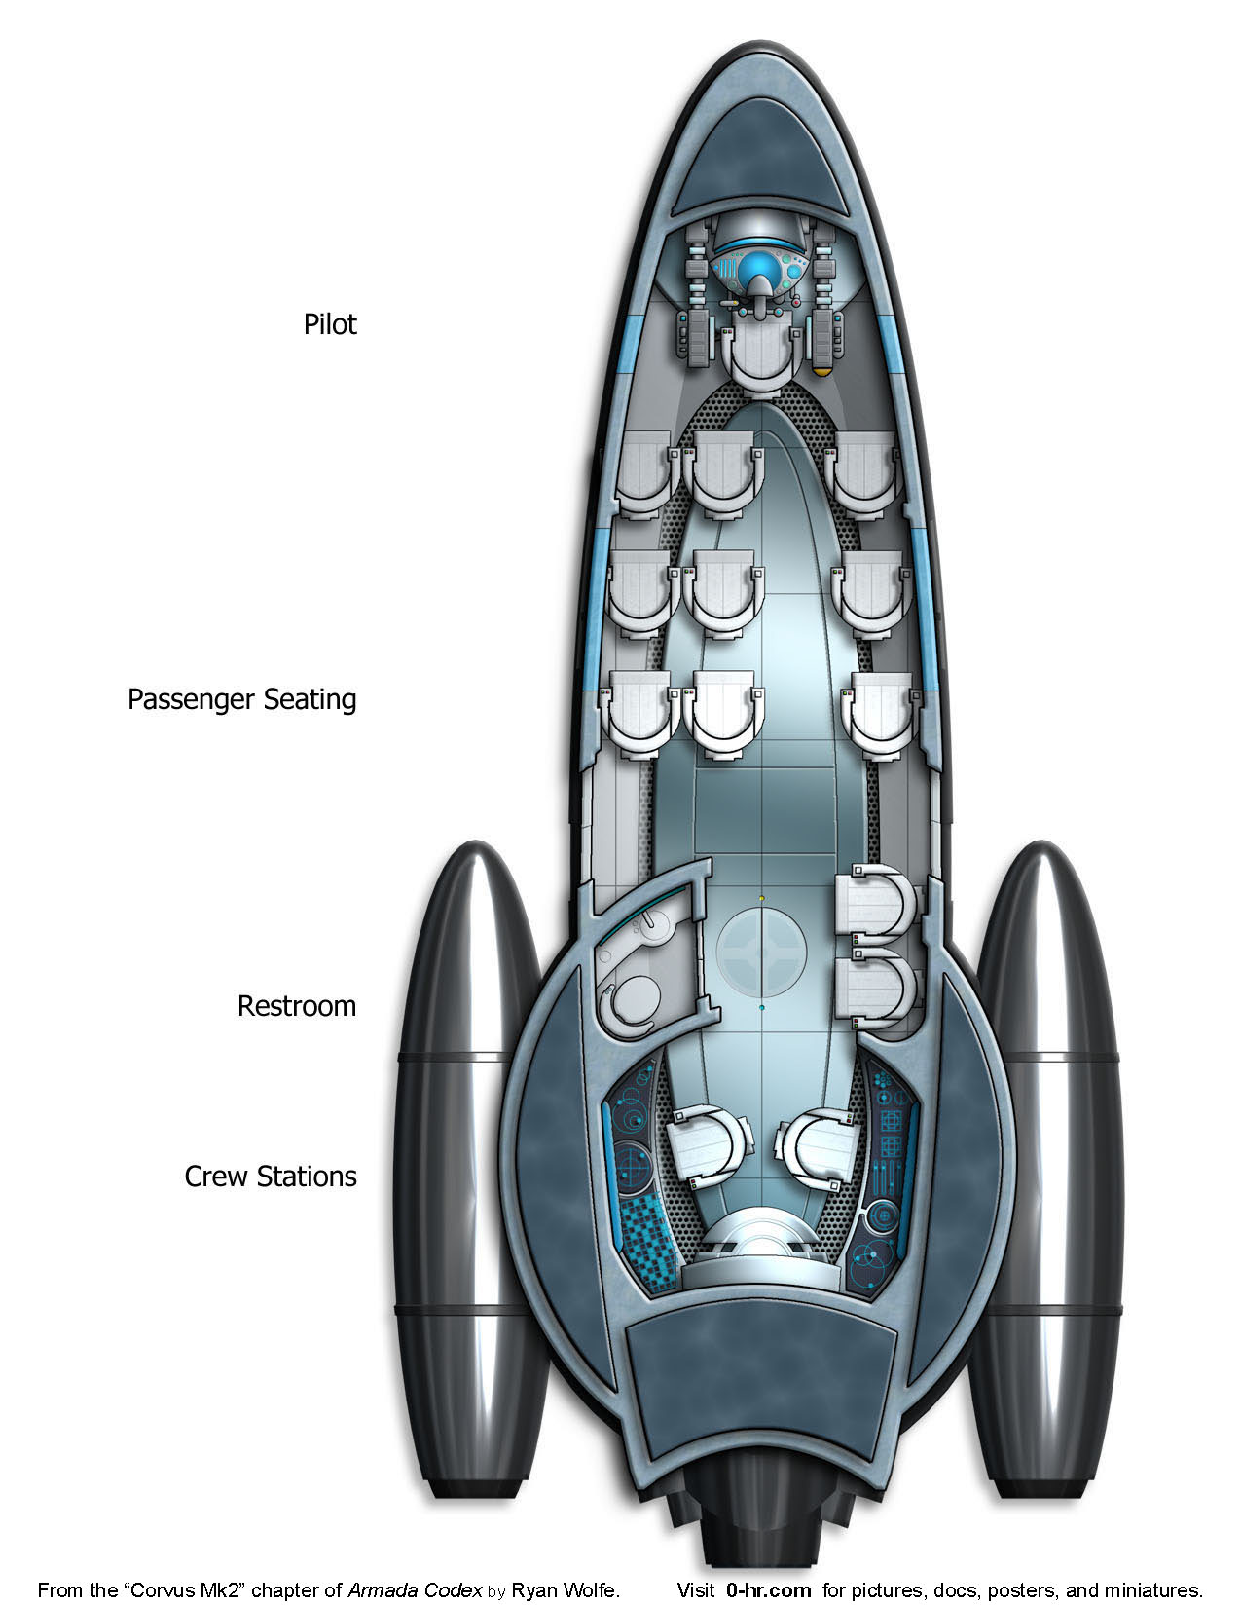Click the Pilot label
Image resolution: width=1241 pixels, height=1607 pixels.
coord(330,324)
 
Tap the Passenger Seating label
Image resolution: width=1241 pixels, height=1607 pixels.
coord(241,699)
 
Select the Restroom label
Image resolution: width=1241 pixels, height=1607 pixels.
coord(297,1006)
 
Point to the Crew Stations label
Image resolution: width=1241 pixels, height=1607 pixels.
coord(271,1177)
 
